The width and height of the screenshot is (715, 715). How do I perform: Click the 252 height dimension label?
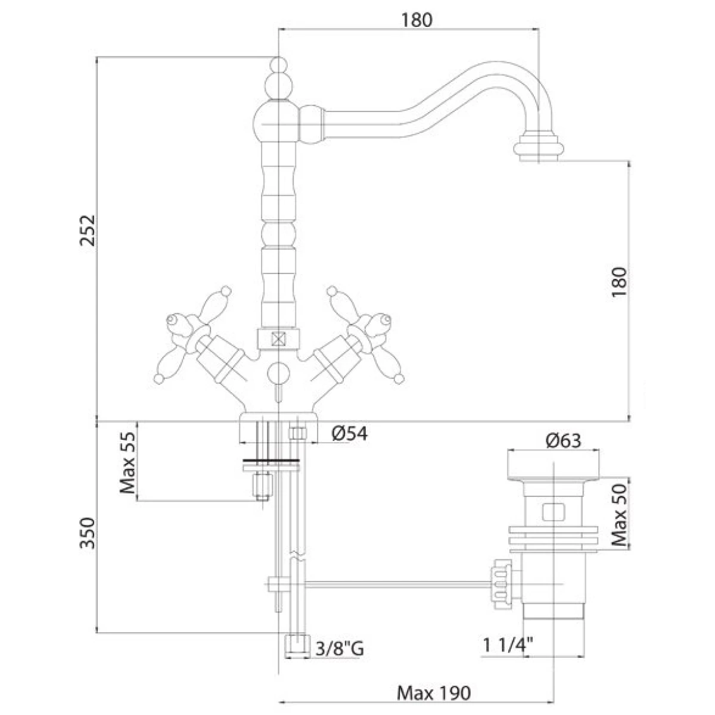[88, 230]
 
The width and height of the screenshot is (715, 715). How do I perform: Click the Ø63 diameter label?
[563, 440]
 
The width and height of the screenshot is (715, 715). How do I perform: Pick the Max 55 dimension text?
[128, 463]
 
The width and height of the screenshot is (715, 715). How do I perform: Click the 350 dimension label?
[88, 533]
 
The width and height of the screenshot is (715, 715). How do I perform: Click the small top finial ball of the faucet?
[278, 64]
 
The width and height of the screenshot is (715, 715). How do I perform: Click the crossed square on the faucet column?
[278, 339]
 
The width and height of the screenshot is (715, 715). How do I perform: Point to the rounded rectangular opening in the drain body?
[553, 512]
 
